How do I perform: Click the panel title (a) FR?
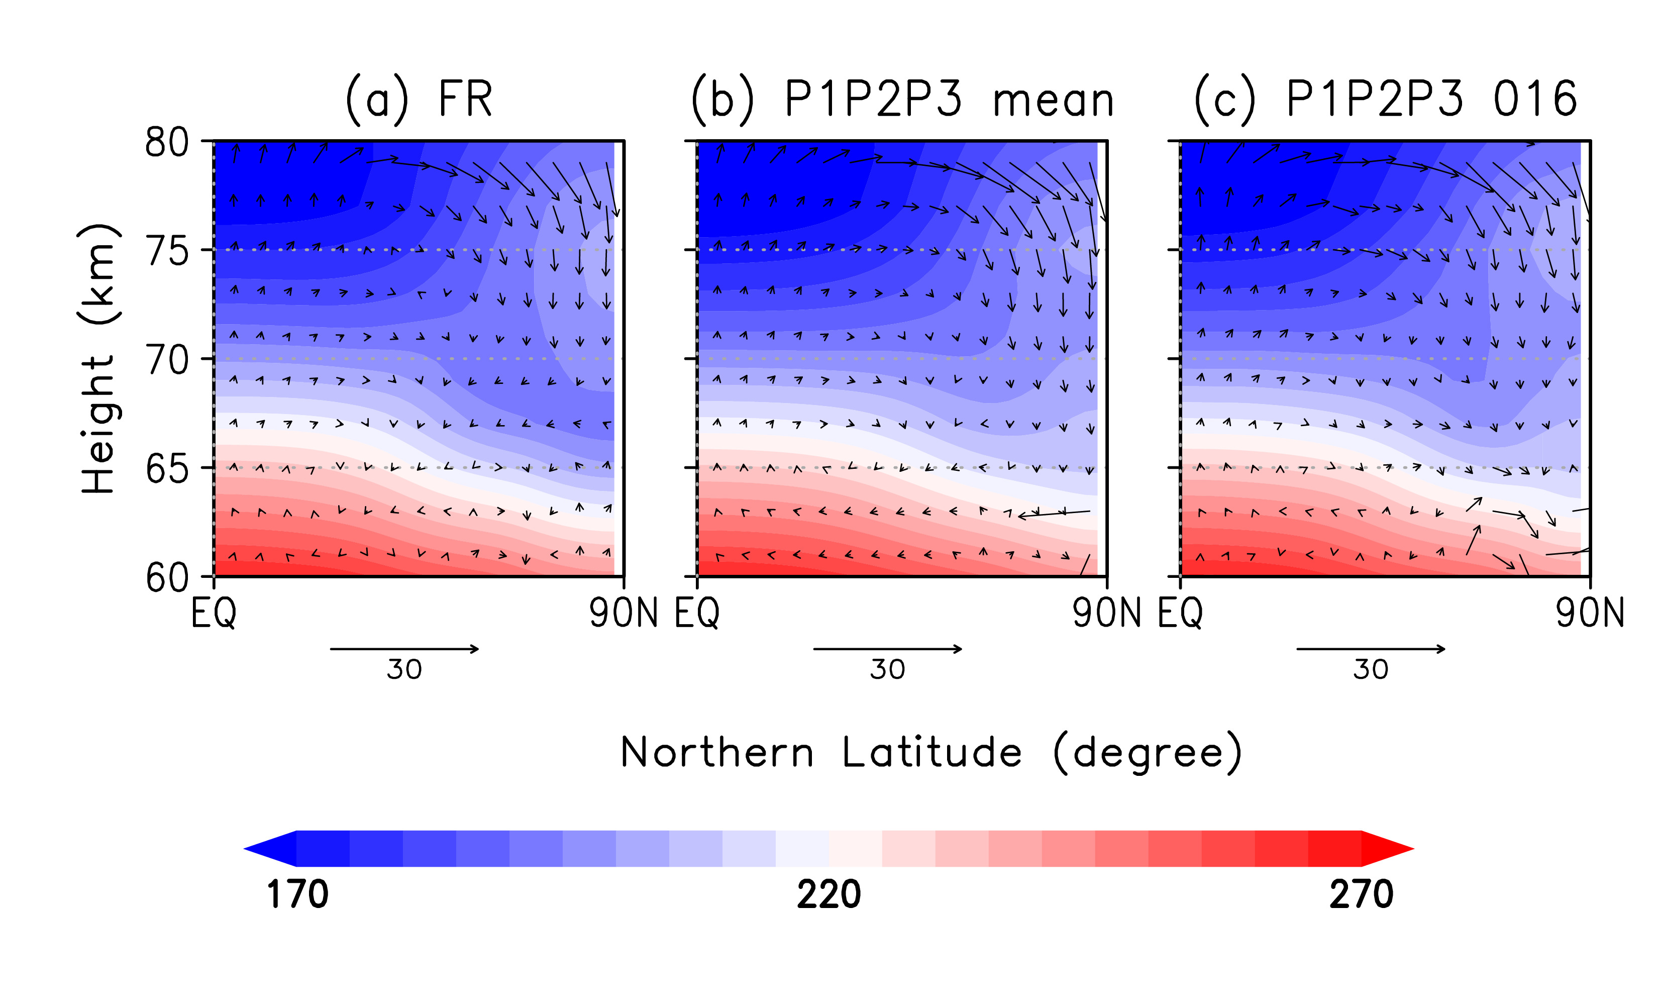[x=419, y=99]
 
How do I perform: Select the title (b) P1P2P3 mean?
[x=902, y=99]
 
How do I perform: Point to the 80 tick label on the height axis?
[x=167, y=143]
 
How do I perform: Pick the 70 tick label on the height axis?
[x=167, y=361]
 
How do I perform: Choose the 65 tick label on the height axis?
[x=167, y=470]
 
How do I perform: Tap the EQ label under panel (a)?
[x=214, y=613]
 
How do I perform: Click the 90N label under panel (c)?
[x=1589, y=613]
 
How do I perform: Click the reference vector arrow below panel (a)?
[x=404, y=649]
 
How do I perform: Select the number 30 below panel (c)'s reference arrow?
[x=1371, y=670]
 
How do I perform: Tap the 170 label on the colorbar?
[x=297, y=894]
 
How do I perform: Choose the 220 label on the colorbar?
[x=828, y=894]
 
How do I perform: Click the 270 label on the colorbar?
[x=1361, y=894]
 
